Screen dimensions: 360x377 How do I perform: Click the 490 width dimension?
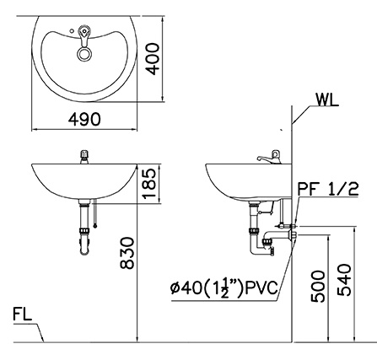(x=84, y=121)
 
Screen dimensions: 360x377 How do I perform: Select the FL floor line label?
(x=23, y=316)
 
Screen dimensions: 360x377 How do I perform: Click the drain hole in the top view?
(x=83, y=53)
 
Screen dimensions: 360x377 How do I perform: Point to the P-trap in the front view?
(x=84, y=240)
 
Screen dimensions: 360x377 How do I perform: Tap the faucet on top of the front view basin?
(x=83, y=156)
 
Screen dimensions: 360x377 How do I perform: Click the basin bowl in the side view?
(x=245, y=181)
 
